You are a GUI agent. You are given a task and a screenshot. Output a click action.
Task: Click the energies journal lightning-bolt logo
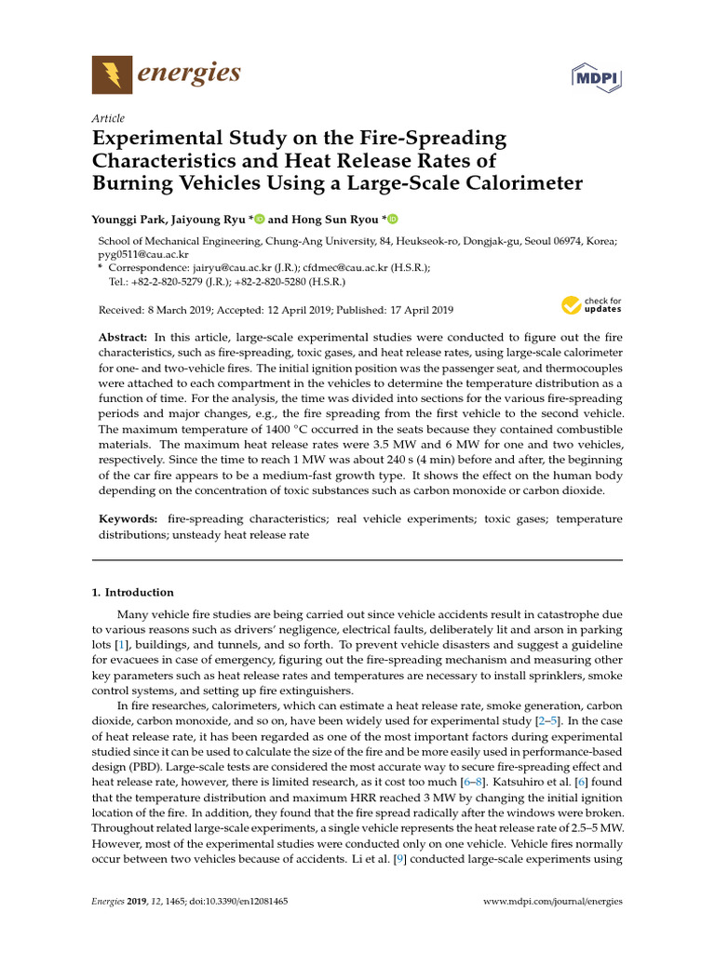pyautogui.click(x=112, y=74)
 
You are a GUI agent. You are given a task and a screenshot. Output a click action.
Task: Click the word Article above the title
pyautogui.click(x=108, y=118)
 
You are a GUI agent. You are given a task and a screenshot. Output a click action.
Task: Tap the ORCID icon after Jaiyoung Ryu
pyautogui.click(x=260, y=220)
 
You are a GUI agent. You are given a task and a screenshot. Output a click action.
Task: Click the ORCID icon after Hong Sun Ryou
pyautogui.click(x=392, y=220)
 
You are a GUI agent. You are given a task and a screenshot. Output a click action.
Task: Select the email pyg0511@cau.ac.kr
pyautogui.click(x=143, y=254)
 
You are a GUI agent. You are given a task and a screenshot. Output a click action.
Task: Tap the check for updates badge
pyautogui.click(x=591, y=304)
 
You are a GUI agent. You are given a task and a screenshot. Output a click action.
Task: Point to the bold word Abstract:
pyautogui.click(x=123, y=336)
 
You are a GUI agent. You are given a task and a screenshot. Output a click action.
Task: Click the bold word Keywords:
pyautogui.click(x=128, y=518)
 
